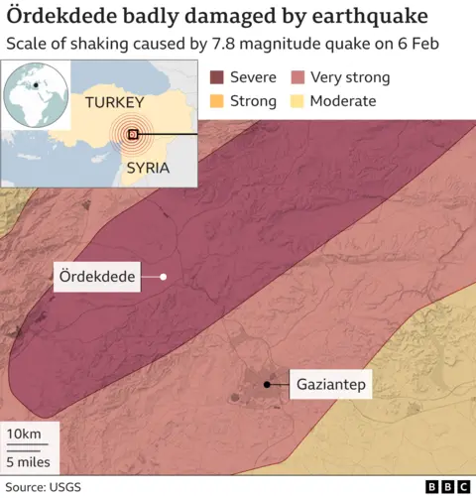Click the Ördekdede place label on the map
95,278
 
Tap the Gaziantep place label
330,385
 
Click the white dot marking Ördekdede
163,278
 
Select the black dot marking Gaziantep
267,385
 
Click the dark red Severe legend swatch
217,77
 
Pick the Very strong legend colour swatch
297,77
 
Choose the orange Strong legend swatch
217,101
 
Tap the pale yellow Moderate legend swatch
297,101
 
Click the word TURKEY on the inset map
115,103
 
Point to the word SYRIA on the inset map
149,168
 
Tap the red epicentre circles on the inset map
132,134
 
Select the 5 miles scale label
30,461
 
